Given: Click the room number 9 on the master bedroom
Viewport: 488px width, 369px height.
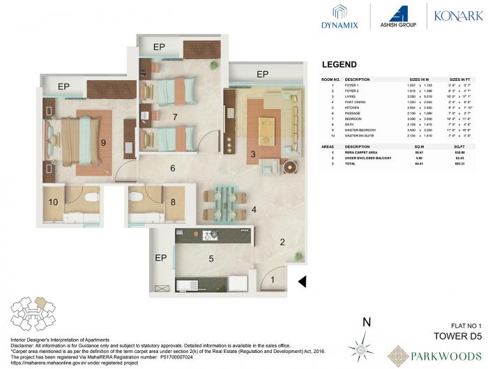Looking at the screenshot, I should click(103, 143).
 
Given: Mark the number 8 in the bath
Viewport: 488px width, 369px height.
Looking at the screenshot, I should click(174, 203).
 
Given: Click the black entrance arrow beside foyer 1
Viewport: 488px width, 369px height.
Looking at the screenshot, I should click(302, 282).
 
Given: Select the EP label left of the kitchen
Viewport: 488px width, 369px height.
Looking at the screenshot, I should click(160, 258).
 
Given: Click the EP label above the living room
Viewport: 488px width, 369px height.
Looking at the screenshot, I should click(262, 73).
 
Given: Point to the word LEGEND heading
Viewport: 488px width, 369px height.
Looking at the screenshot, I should click(340, 64).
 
